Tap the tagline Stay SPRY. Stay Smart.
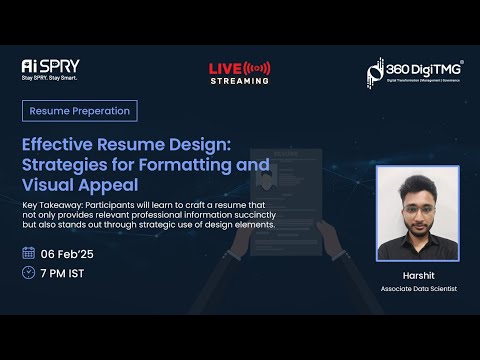(49, 77)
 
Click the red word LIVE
(225, 68)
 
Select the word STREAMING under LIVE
(240, 81)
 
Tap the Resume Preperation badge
(79, 111)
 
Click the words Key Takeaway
(51, 205)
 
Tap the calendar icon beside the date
(28, 252)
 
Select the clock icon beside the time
(28, 272)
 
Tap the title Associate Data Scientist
(417, 289)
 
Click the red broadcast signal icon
(258, 68)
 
